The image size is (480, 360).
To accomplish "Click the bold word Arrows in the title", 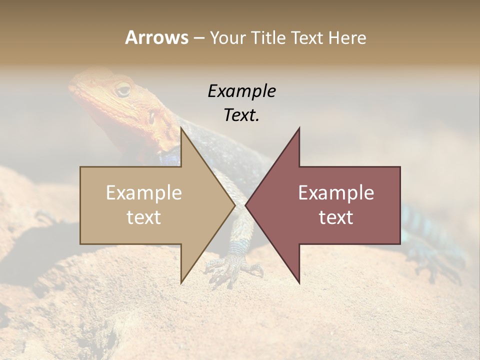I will click(x=156, y=37).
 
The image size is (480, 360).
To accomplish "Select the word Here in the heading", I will click(x=347, y=37).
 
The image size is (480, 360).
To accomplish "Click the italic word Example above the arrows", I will click(x=241, y=91).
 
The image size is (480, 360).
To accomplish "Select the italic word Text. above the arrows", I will click(x=241, y=115).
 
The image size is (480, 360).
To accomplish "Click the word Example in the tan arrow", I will click(x=144, y=193).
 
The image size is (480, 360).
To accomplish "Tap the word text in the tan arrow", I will click(x=144, y=217).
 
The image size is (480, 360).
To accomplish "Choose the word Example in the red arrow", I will click(x=336, y=193).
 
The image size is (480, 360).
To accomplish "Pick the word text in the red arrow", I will click(x=336, y=217).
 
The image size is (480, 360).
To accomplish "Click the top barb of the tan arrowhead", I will click(x=182, y=129).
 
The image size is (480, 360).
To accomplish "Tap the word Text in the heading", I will click(x=310, y=37).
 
